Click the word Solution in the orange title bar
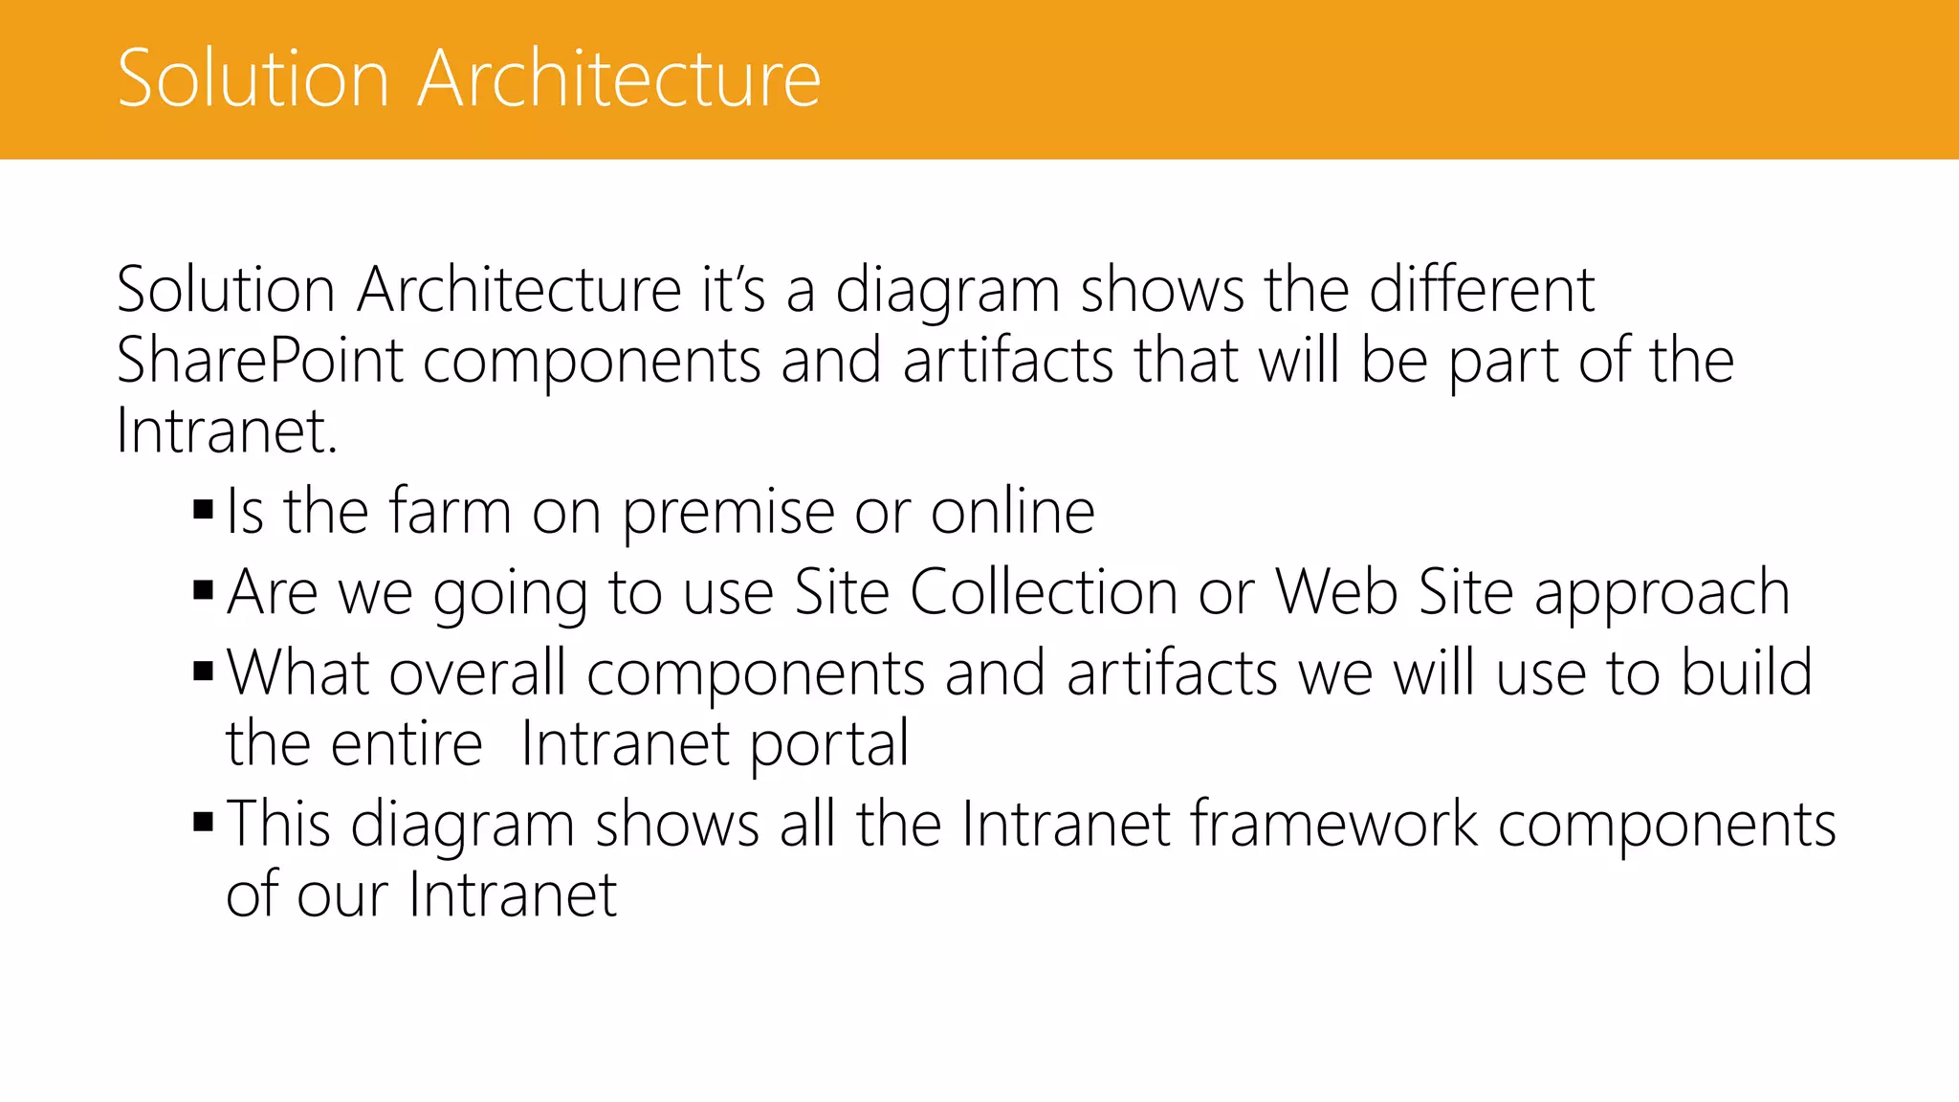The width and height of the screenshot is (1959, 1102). coord(253,78)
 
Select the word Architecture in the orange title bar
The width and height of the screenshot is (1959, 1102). coord(620,78)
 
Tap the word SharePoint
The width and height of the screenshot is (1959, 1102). coord(259,362)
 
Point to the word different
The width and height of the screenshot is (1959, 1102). coord(1482,290)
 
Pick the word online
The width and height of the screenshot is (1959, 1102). coord(1013,512)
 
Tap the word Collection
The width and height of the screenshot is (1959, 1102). coord(1043,592)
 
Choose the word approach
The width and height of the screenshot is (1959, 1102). coord(1662,594)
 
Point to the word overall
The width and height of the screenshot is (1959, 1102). coord(477,672)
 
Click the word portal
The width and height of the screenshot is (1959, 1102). coord(828,745)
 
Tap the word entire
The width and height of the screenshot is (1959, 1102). coord(406,743)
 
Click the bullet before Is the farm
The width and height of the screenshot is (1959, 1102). coord(203,509)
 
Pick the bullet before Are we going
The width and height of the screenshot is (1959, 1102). coord(203,589)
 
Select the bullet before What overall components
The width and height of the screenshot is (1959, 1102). coord(203,670)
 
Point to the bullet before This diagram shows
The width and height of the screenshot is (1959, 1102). coord(203,821)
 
